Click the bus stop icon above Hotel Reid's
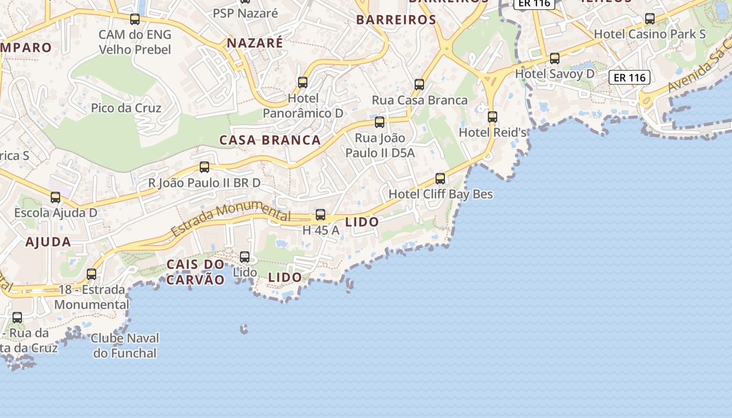click(x=493, y=117)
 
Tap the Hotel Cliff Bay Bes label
click(x=440, y=194)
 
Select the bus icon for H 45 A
click(x=321, y=215)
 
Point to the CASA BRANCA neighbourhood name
click(x=270, y=140)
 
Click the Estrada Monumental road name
click(x=230, y=219)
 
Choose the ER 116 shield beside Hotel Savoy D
click(x=630, y=78)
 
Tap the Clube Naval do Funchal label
click(x=125, y=346)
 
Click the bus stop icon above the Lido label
click(x=245, y=257)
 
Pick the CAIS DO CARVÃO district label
click(x=196, y=272)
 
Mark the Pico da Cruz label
click(x=126, y=108)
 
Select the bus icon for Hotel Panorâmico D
click(x=303, y=82)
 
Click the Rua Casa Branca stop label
click(x=419, y=100)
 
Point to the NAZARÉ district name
click(x=255, y=43)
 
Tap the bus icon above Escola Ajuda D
click(x=55, y=198)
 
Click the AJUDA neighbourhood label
click(x=48, y=242)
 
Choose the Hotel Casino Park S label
click(x=649, y=34)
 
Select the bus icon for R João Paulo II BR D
click(x=204, y=167)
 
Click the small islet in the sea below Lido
click(x=244, y=329)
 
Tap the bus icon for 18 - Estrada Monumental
click(x=92, y=274)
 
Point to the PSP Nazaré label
click(x=245, y=14)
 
